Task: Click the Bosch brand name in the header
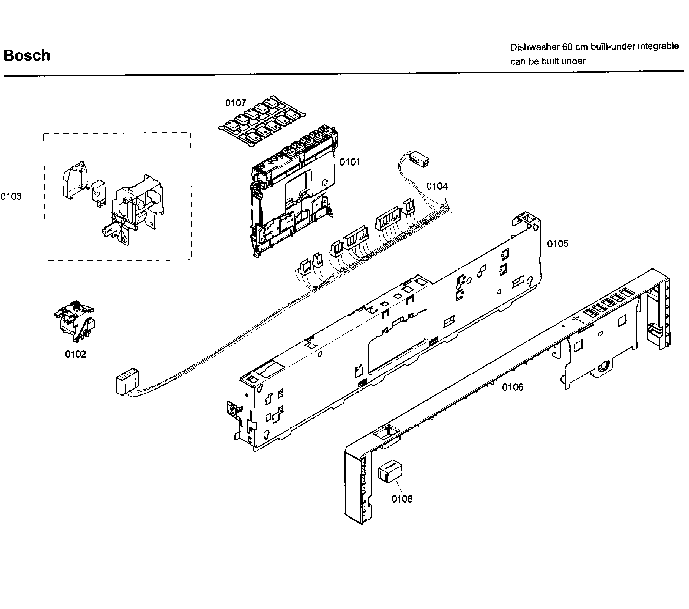(x=27, y=55)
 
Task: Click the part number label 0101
(x=350, y=162)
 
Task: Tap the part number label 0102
(x=76, y=354)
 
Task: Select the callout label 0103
(x=11, y=196)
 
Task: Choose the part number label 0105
(x=557, y=244)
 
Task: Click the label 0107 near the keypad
(x=236, y=103)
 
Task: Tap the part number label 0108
(x=402, y=499)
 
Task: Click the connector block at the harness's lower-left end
(x=126, y=381)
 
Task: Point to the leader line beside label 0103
(x=35, y=196)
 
